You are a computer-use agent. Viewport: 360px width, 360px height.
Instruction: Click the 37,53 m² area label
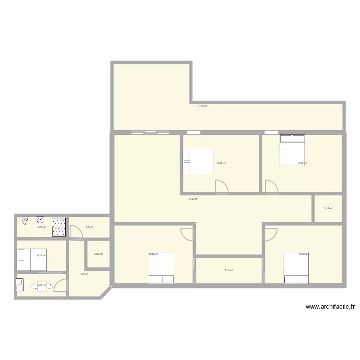(203, 106)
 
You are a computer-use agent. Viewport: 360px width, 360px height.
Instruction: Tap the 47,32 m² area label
(193, 199)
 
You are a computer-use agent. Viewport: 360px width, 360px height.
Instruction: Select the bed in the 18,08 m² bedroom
(198, 161)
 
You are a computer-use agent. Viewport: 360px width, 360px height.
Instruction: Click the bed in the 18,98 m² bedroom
(292, 151)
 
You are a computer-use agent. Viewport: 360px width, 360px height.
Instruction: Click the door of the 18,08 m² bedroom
(222, 187)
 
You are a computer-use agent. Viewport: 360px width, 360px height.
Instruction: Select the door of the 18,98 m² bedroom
(271, 187)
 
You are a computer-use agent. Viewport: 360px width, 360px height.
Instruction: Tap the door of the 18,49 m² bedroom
(271, 234)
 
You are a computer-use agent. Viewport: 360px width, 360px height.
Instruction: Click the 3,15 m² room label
(328, 208)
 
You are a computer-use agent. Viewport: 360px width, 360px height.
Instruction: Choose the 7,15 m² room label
(228, 271)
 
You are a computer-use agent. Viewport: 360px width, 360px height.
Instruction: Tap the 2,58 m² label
(98, 254)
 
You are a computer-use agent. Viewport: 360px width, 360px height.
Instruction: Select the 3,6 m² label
(89, 228)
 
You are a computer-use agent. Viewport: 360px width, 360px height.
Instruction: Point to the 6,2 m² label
(85, 274)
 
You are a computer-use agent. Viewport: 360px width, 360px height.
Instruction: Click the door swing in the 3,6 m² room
(76, 231)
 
